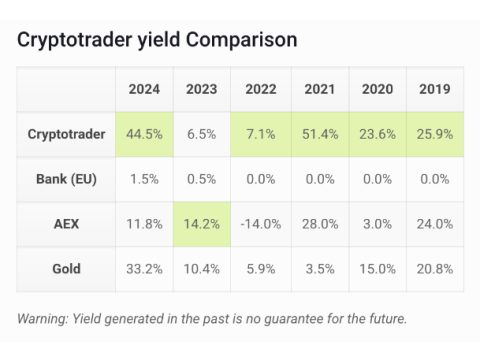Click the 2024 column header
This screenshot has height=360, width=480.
coord(144,89)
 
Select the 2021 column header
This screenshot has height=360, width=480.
coord(320,89)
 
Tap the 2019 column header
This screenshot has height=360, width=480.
coord(435,89)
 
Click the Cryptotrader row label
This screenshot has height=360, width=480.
coord(66,134)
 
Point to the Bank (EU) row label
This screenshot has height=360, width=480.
coord(66,179)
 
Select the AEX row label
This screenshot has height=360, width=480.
coord(66,224)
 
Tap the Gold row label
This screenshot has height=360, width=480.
coord(66,269)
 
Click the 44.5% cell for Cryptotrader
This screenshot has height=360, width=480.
coord(144,134)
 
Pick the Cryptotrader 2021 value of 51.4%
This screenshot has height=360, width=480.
coord(320,134)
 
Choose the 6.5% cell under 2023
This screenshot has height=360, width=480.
coord(202,134)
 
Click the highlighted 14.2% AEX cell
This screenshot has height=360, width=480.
coord(202,224)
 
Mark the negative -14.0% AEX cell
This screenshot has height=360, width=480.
coord(261,224)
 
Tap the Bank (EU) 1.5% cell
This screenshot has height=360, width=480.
coord(144,179)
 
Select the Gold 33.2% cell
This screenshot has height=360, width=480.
coord(144,269)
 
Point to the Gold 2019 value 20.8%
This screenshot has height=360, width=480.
coord(435,269)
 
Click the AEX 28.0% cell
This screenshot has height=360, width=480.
coord(320,224)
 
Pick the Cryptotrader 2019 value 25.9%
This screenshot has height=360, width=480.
coord(435,134)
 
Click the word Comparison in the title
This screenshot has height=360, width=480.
coord(241,40)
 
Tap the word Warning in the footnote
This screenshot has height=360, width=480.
coord(43,319)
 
